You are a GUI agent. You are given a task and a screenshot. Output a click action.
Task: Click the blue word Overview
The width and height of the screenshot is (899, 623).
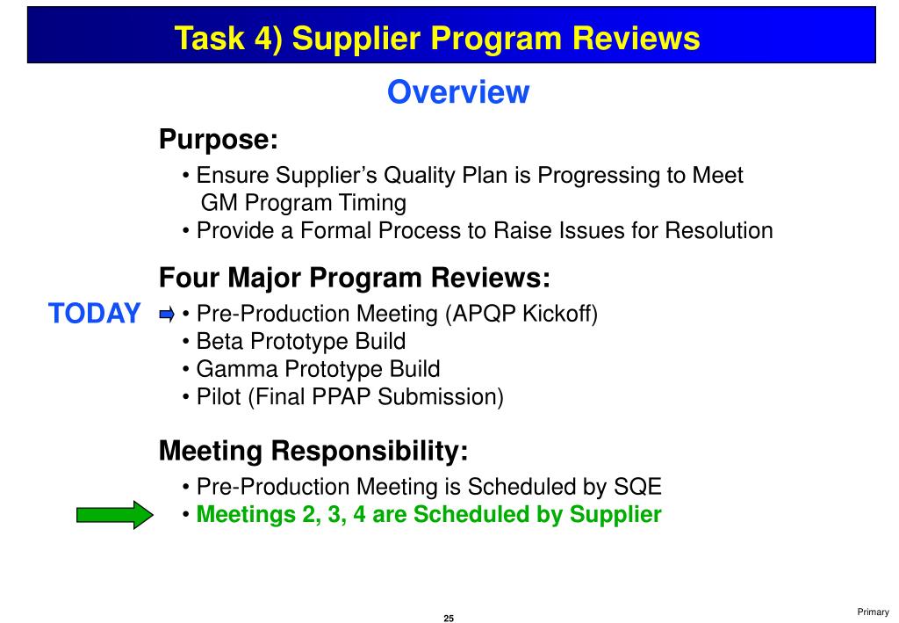pyautogui.click(x=458, y=92)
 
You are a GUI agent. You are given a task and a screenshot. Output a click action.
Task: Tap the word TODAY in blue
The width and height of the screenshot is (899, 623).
pyautogui.click(x=94, y=314)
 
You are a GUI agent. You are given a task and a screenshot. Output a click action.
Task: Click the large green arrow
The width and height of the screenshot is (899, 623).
pyautogui.click(x=115, y=515)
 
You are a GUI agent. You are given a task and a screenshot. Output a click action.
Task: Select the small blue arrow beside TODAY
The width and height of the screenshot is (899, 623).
pyautogui.click(x=167, y=314)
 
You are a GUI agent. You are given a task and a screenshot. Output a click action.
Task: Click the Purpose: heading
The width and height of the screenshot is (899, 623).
pyautogui.click(x=218, y=140)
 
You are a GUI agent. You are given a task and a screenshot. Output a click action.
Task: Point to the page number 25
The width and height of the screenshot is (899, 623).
pyautogui.click(x=449, y=619)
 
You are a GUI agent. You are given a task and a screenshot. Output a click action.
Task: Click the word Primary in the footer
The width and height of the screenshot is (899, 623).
pyautogui.click(x=874, y=612)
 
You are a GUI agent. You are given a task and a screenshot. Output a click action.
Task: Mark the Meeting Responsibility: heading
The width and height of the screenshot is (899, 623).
pyautogui.click(x=313, y=452)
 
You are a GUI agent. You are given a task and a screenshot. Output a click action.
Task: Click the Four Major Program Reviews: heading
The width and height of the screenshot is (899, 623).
pyautogui.click(x=354, y=279)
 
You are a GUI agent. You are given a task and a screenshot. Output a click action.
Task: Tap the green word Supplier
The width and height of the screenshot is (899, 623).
pyautogui.click(x=615, y=515)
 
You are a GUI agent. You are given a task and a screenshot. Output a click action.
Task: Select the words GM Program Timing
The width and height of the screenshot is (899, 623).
pyautogui.click(x=304, y=203)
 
